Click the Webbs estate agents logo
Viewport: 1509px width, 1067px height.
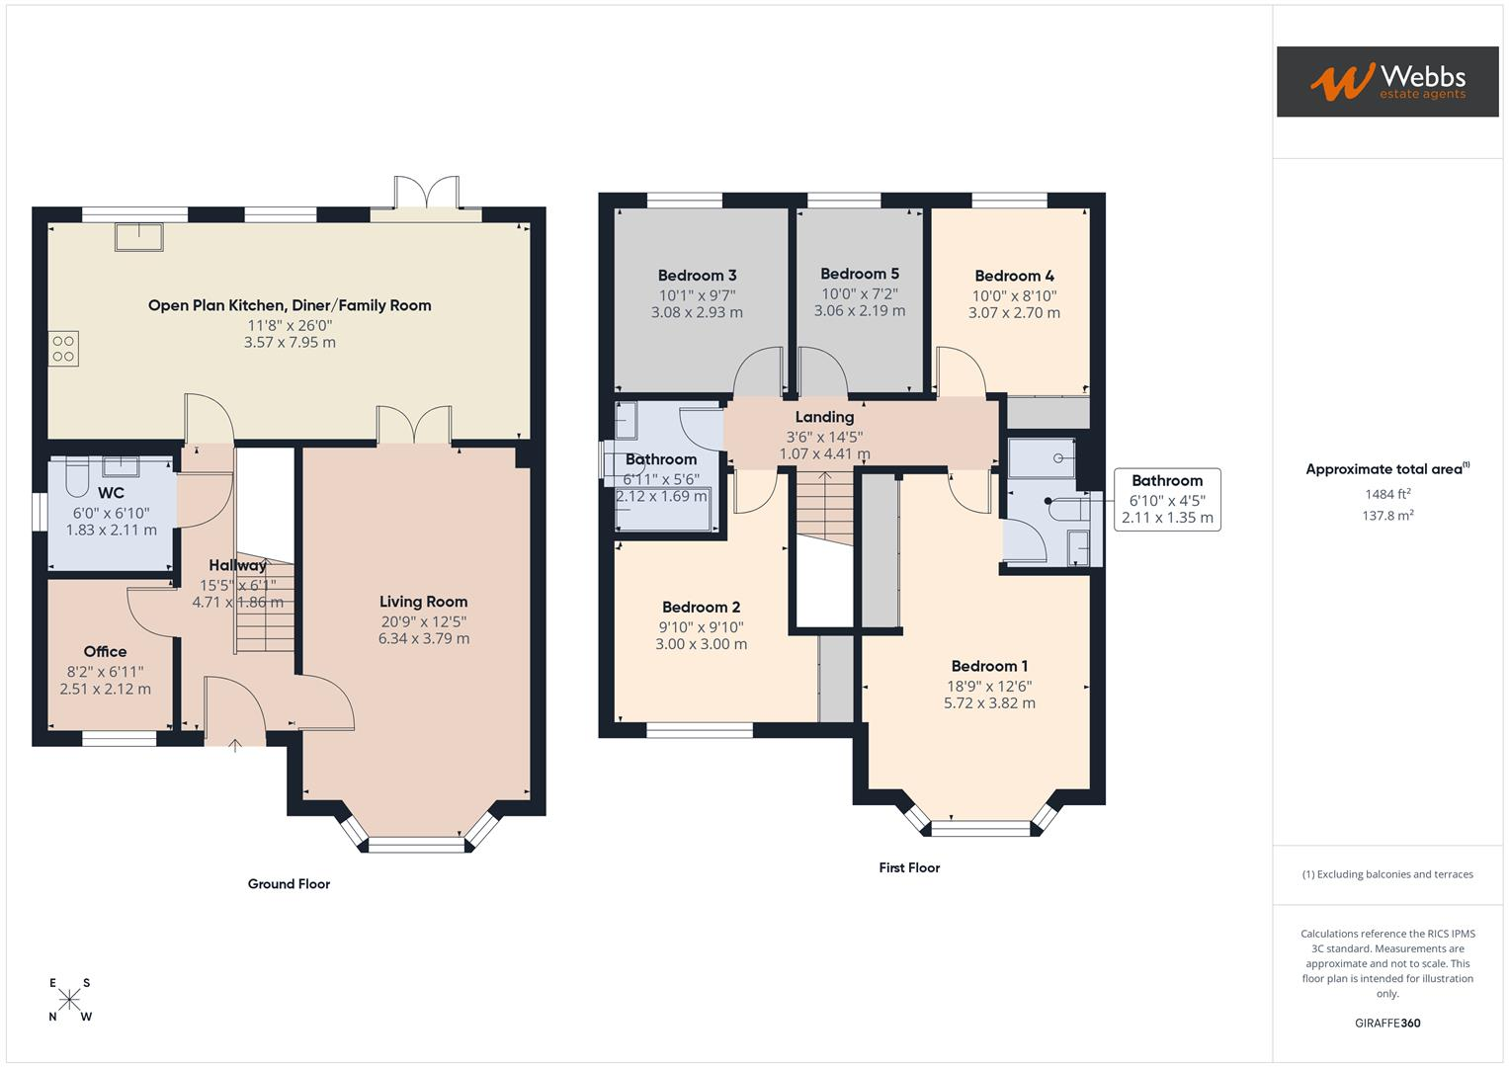point(1387,81)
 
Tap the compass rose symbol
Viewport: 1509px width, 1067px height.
point(69,1000)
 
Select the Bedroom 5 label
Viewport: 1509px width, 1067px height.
point(860,274)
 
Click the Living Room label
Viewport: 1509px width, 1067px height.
point(423,602)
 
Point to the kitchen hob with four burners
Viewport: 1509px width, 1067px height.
point(63,349)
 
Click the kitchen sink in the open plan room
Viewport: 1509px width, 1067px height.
point(139,237)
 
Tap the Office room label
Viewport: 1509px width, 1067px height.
point(105,651)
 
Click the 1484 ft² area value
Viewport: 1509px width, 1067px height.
point(1387,494)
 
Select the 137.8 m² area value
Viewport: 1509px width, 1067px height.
point(1387,516)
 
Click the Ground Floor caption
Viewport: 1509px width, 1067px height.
point(289,884)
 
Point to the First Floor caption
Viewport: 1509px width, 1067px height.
point(909,867)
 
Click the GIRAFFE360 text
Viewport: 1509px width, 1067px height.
point(1387,1024)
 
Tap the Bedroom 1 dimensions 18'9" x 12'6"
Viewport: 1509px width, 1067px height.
point(989,686)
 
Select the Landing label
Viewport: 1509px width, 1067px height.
point(824,417)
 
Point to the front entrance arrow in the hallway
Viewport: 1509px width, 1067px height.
point(235,745)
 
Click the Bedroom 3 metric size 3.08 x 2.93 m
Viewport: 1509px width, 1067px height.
point(698,312)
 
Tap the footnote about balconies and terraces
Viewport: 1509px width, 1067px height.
point(1387,874)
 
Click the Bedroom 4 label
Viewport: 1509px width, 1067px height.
point(1015,276)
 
